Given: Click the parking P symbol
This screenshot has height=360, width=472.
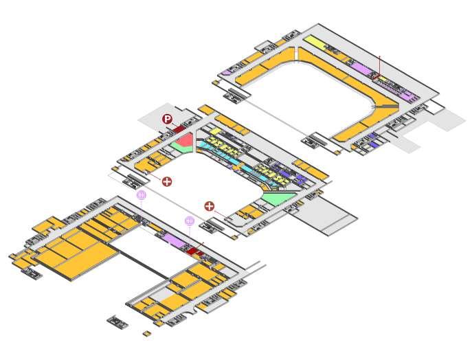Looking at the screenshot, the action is click(x=167, y=119).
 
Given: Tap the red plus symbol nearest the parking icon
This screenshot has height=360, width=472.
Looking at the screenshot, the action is click(x=166, y=181).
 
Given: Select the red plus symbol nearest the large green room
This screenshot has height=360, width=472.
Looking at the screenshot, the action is click(x=210, y=206).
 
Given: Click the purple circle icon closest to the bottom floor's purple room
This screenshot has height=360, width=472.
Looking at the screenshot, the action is click(x=190, y=221).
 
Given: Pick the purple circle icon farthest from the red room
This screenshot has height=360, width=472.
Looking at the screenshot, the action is click(x=142, y=195).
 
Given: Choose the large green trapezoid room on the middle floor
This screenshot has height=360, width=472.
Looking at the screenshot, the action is click(x=278, y=199).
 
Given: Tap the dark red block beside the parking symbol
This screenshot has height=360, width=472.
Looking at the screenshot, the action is click(x=179, y=128).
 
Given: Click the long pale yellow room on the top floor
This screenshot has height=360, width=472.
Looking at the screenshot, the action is click(x=314, y=43).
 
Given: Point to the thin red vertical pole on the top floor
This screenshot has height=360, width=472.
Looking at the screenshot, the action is click(x=379, y=65).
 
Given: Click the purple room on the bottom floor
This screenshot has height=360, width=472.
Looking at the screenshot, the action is click(x=175, y=240).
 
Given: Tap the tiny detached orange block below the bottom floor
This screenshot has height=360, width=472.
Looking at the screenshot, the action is click(x=146, y=334).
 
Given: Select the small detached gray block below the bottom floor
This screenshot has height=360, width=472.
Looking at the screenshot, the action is click(x=117, y=321).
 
